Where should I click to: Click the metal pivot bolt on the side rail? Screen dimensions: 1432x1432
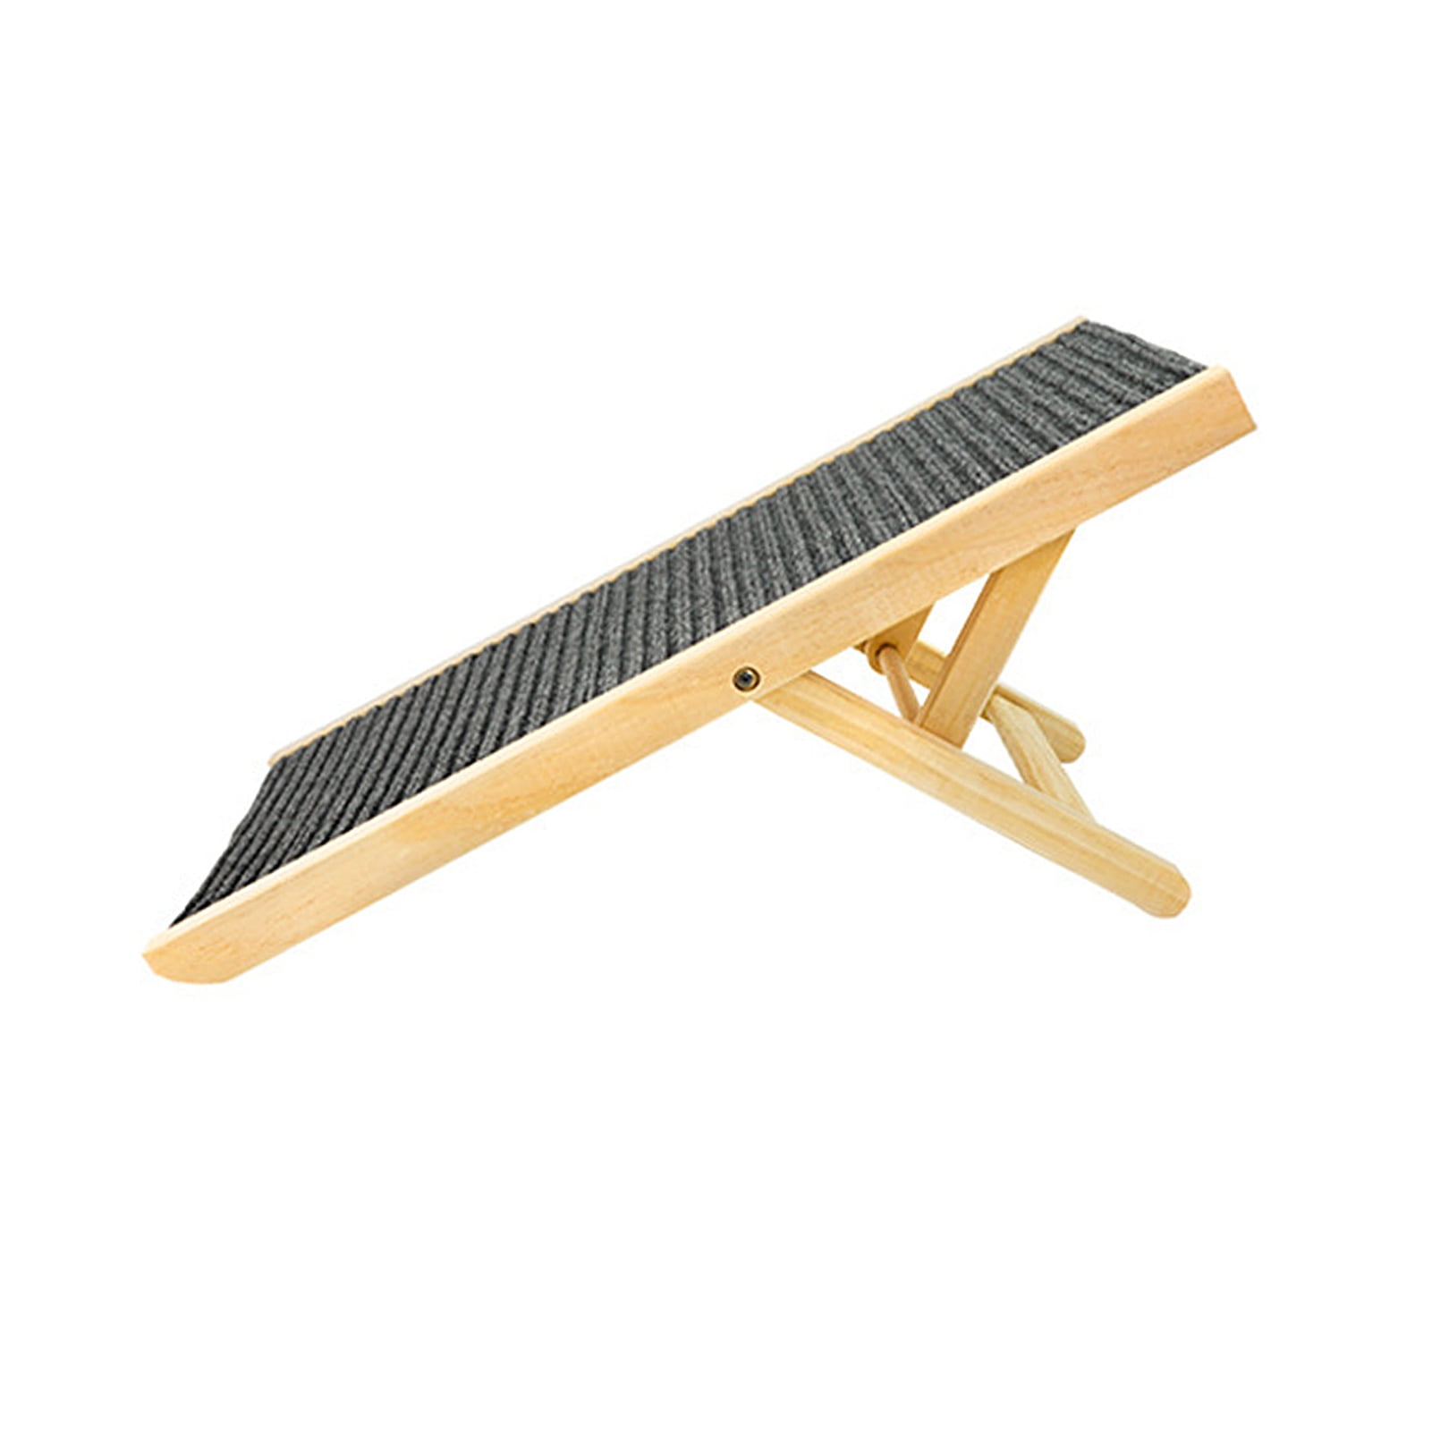(x=745, y=679)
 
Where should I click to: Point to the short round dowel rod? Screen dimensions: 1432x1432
(x=899, y=680)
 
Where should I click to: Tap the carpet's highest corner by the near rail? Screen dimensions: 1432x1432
(x=1194, y=367)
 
